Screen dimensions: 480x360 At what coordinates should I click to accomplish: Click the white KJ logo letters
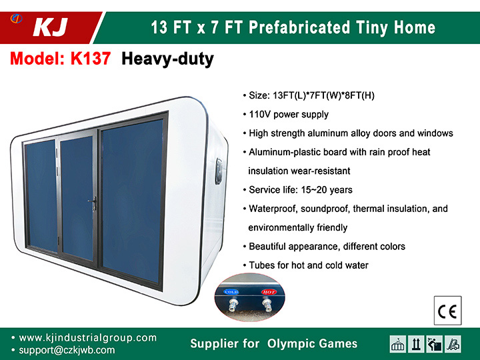51,27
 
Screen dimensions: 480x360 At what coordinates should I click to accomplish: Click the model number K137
91,58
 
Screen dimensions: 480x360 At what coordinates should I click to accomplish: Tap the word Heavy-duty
167,59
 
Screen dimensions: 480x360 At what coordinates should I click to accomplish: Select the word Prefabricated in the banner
299,27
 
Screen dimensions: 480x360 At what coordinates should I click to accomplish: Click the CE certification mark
447,311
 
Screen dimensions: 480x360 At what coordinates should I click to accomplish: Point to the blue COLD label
231,292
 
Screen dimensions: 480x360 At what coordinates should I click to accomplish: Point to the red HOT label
269,292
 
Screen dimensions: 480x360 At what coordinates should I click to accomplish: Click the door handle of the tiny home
93,203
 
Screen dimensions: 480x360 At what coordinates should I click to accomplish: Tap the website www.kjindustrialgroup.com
88,337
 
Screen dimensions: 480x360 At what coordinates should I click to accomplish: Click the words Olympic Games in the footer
312,344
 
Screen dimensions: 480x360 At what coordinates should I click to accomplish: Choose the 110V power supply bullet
286,115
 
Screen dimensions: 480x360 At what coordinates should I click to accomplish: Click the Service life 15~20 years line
298,190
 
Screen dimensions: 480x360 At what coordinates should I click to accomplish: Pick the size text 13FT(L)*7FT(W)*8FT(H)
323,95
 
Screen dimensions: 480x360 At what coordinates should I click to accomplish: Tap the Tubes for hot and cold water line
306,265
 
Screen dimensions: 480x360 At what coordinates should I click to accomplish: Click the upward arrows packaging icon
416,344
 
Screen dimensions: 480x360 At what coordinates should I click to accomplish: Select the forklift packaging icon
453,344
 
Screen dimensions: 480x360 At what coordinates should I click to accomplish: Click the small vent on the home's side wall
218,171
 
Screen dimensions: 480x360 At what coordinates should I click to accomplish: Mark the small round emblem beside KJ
16,19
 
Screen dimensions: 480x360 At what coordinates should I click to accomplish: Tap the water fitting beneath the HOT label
268,305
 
